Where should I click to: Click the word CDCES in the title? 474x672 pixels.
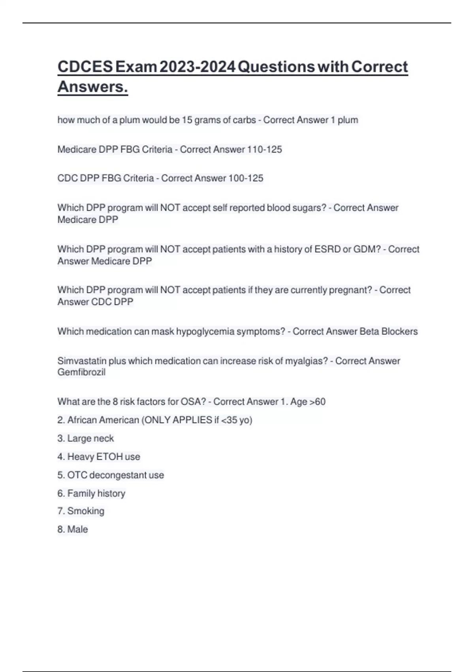click(85, 67)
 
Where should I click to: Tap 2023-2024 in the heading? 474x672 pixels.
click(197, 67)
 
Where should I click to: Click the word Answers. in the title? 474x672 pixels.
click(93, 87)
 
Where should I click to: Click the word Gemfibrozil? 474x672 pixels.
click(81, 372)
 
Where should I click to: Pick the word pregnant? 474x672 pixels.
click(351, 290)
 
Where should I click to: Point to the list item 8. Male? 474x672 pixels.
click(73, 529)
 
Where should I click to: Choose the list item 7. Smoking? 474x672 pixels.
click(81, 511)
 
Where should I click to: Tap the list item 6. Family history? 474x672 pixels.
click(91, 493)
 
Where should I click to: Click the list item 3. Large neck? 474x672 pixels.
click(86, 438)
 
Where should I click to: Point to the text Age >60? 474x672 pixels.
click(308, 402)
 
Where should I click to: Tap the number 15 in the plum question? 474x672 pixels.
click(187, 120)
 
